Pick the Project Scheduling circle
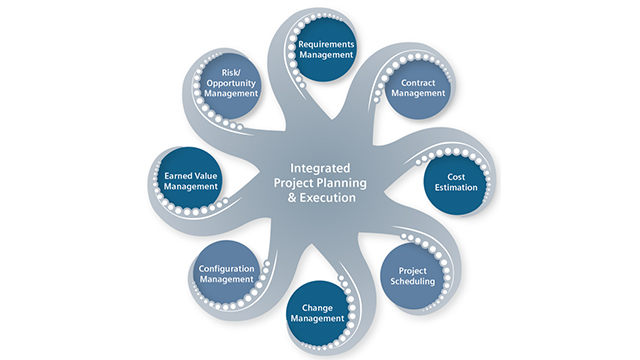coord(413,276)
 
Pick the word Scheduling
coord(413,283)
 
